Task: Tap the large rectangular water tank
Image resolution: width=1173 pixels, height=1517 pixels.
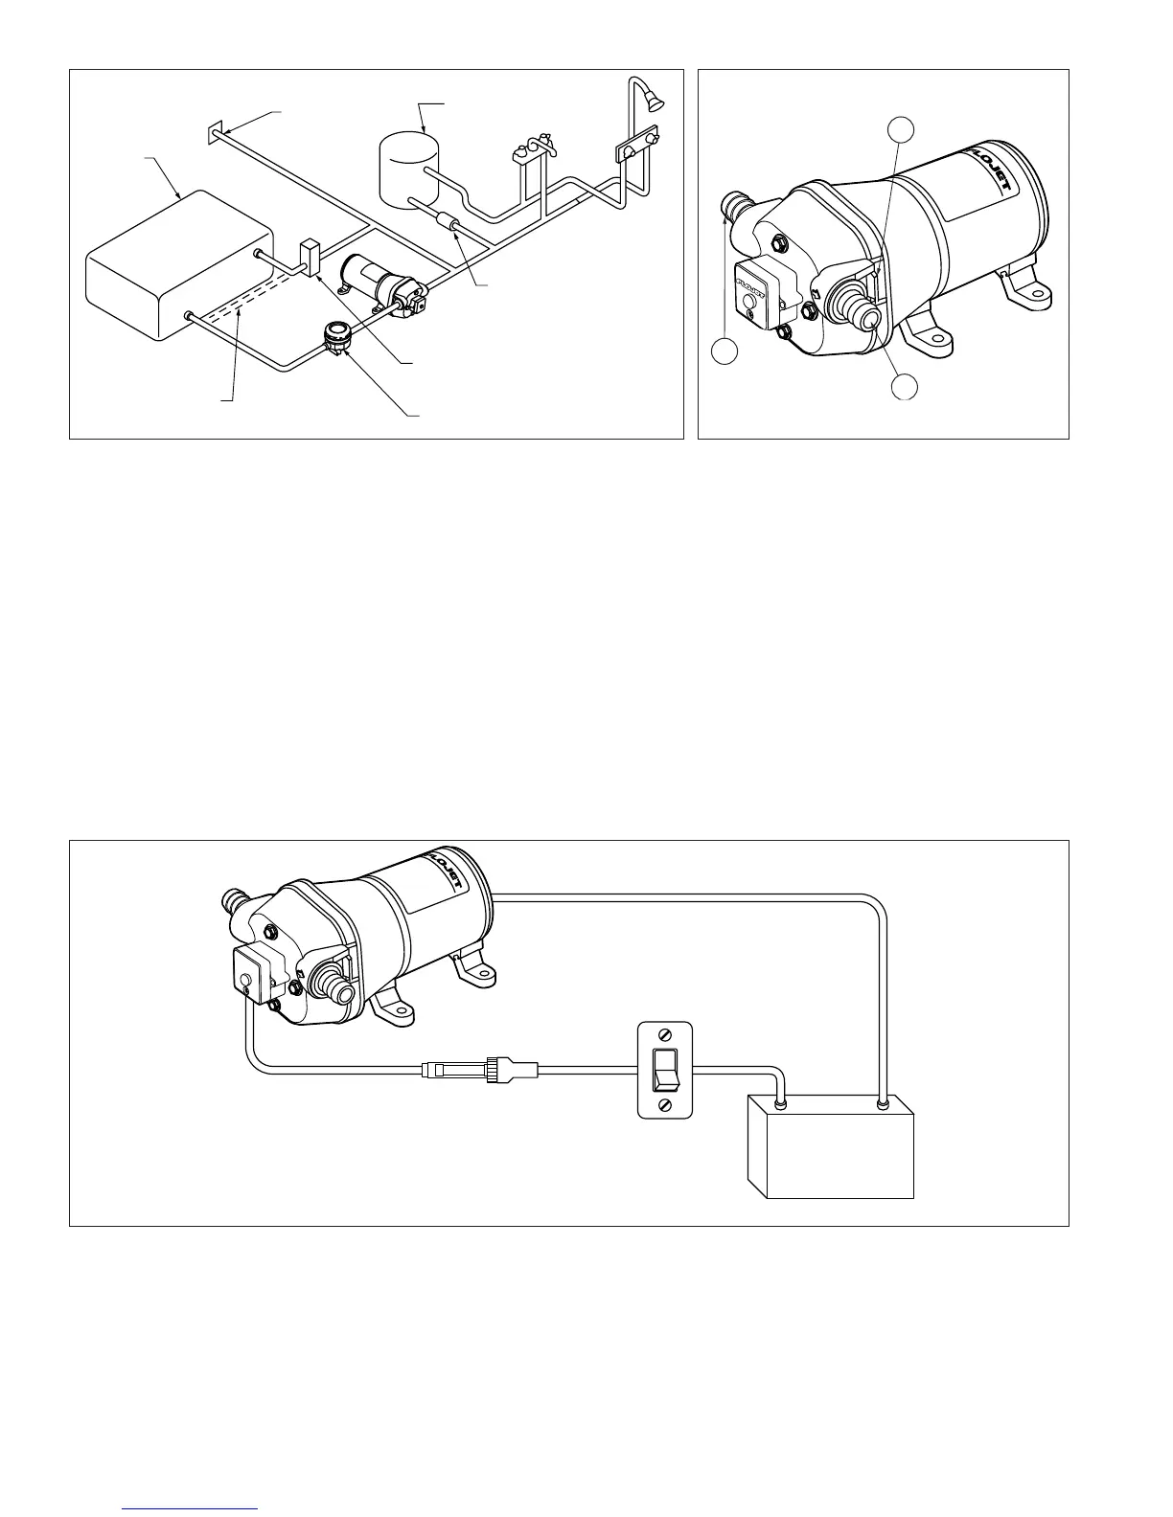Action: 176,264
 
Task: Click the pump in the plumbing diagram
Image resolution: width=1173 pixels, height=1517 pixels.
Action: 383,283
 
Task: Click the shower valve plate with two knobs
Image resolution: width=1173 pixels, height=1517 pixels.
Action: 636,147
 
